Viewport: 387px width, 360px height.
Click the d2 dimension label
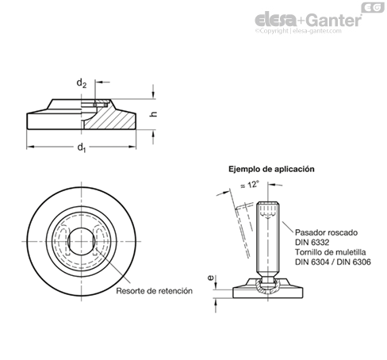point(82,83)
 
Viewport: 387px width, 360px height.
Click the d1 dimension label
point(82,147)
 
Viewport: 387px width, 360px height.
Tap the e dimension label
point(210,278)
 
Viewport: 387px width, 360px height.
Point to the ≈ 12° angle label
point(249,185)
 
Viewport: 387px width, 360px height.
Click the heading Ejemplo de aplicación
point(271,169)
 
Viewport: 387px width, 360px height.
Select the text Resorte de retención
point(155,291)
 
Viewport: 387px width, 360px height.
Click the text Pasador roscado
point(326,232)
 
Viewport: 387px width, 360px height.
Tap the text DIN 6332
point(312,242)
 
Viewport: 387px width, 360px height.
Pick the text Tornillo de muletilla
point(331,252)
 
